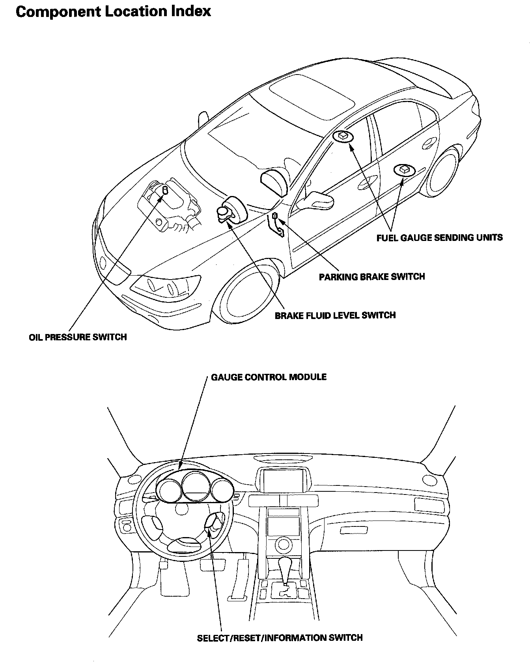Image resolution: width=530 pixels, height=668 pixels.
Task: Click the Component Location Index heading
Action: click(x=113, y=11)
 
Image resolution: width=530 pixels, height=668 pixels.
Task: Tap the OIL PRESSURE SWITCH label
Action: click(x=78, y=337)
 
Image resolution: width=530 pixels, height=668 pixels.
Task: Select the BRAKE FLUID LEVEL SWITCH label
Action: click(x=335, y=315)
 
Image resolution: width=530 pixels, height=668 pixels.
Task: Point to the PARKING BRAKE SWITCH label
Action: click(x=372, y=276)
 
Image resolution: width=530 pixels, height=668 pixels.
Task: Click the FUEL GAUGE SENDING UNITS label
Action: click(x=439, y=238)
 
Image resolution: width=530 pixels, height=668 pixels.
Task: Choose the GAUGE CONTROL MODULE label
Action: click(x=269, y=377)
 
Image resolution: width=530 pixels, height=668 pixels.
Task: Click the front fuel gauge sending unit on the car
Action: click(x=343, y=136)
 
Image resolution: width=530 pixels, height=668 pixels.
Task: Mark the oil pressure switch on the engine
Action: click(x=165, y=192)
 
